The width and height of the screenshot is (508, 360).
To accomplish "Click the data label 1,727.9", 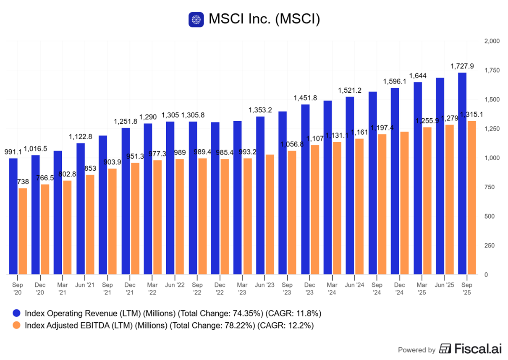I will point(462,66).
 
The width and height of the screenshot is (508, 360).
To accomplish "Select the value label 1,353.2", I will point(260,110).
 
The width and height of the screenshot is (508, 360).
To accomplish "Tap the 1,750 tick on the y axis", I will point(492,70).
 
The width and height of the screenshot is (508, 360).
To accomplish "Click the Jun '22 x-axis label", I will point(175,284).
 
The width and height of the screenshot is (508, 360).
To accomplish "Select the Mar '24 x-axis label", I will point(332,287).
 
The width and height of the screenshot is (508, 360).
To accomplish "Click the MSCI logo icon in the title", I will point(196,20).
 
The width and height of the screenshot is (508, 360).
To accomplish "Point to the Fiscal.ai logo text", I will point(474,349).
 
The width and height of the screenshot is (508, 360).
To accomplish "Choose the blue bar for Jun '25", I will point(440,176).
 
